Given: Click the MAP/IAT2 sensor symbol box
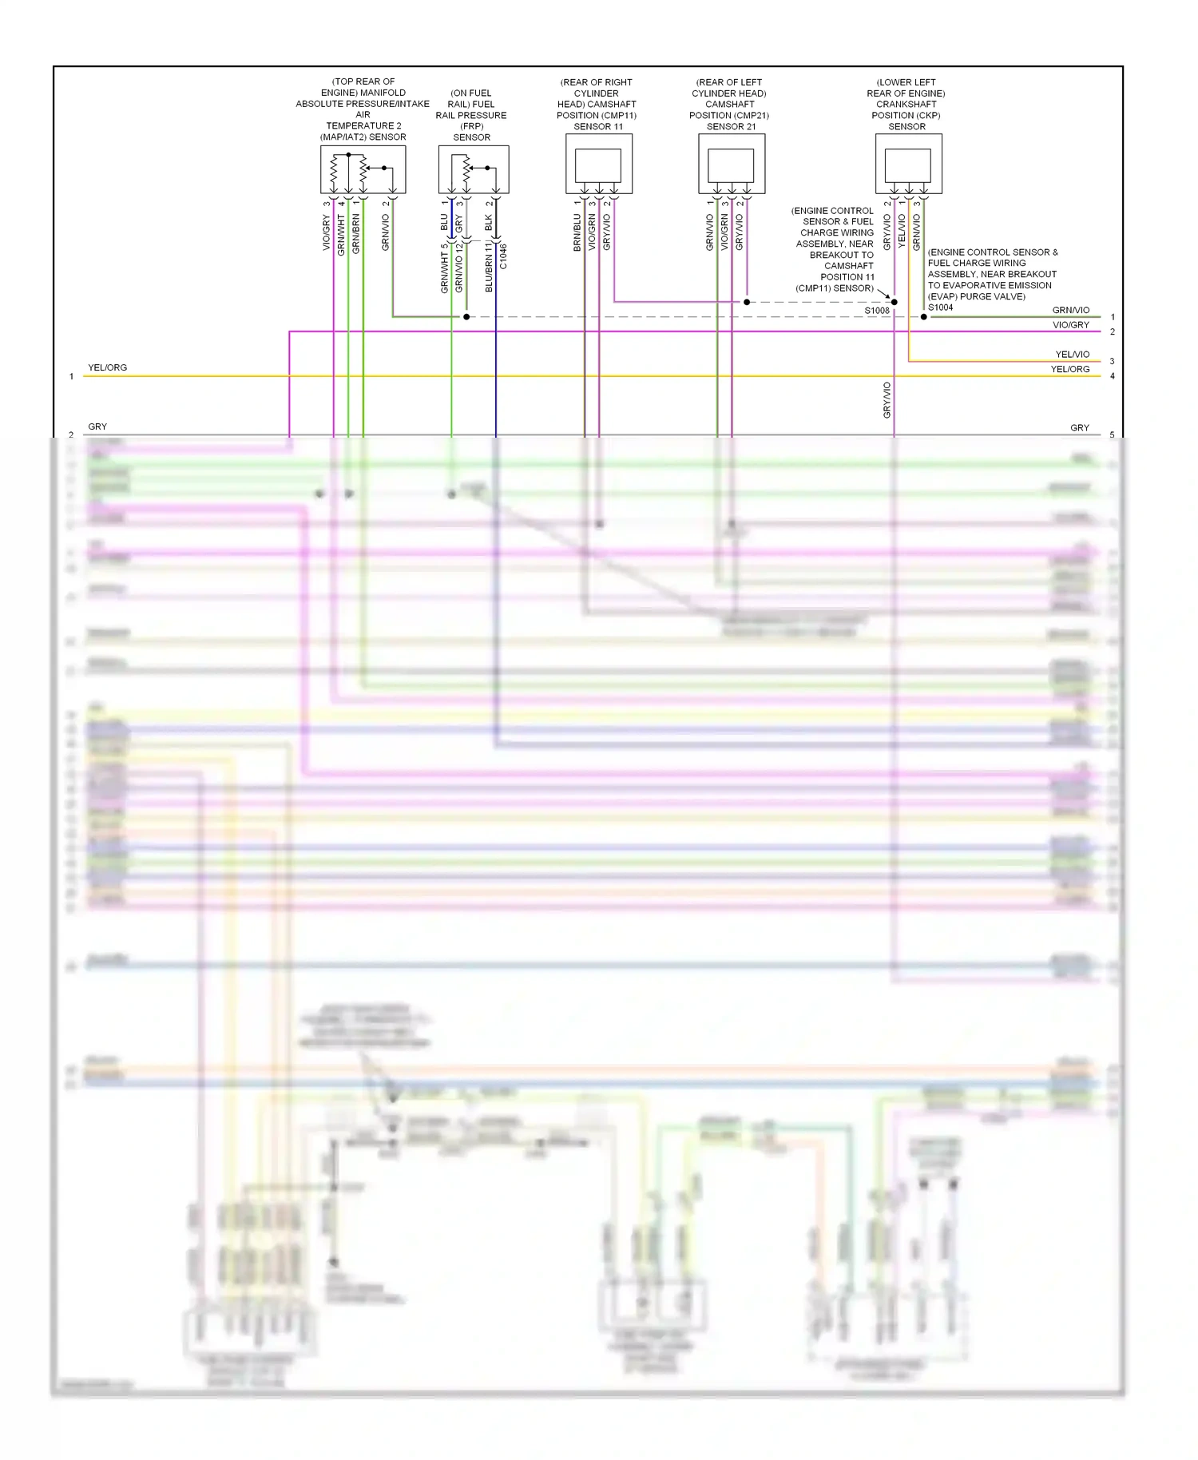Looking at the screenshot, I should [363, 169].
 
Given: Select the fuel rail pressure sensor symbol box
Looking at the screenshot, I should [473, 169].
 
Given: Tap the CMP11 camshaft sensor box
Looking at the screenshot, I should [598, 165].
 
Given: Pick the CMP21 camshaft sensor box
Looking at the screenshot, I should [731, 165].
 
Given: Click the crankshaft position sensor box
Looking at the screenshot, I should [908, 165].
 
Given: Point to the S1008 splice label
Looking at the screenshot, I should [876, 311].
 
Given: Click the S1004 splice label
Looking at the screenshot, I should [940, 307].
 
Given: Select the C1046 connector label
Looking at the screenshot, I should [503, 256].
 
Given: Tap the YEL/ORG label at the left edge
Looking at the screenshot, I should [107, 368].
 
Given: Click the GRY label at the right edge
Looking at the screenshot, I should [1079, 428].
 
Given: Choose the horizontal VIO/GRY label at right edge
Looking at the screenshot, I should [1070, 325].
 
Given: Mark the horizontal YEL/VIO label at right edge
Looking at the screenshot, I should [1072, 355].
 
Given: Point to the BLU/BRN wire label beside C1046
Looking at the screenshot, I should [489, 268].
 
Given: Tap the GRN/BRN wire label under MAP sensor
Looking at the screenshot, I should [356, 233].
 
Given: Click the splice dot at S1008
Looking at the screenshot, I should [894, 302].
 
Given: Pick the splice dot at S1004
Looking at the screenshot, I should [924, 317].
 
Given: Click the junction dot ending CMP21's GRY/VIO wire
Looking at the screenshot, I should [747, 302].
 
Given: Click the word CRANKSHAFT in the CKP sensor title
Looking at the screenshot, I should [906, 105].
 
